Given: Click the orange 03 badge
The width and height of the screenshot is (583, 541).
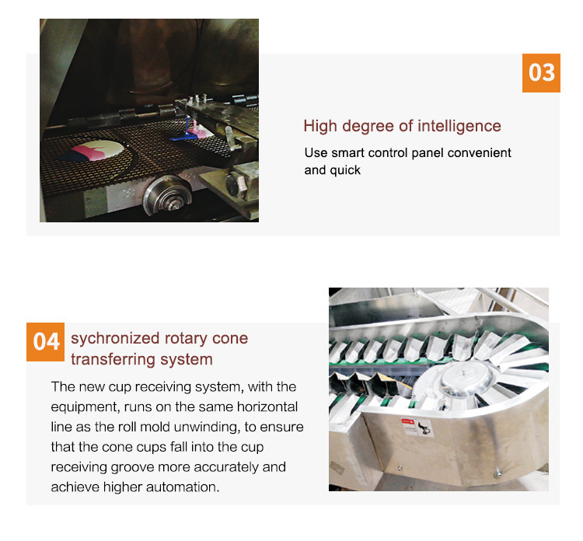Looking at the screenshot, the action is pyautogui.click(x=541, y=73).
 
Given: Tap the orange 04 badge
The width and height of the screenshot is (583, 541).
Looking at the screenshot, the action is pyautogui.click(x=45, y=342).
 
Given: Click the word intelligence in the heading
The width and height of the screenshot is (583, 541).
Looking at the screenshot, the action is pyautogui.click(x=459, y=126).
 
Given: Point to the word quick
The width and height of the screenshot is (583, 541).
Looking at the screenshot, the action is pyautogui.click(x=345, y=170).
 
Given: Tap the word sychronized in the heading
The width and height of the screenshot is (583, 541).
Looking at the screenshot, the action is pyautogui.click(x=115, y=339).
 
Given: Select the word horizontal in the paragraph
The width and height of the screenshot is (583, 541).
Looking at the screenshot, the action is pyautogui.click(x=267, y=407).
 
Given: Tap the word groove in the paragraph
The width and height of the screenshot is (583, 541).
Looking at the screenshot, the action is pyautogui.click(x=132, y=467).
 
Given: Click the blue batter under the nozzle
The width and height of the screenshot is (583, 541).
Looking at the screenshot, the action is pyautogui.click(x=185, y=138).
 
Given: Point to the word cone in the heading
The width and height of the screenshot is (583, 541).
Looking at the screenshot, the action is pyautogui.click(x=230, y=339).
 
